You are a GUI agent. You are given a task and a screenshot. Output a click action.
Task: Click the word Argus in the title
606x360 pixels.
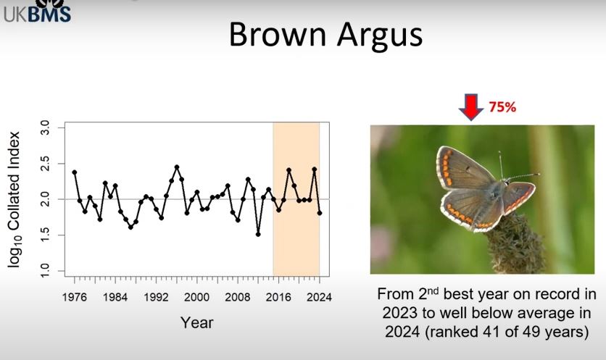(x=377, y=34)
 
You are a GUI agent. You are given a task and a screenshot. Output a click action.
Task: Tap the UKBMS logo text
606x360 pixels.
(x=37, y=12)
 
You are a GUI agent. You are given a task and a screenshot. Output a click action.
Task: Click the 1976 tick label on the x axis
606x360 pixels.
(x=74, y=296)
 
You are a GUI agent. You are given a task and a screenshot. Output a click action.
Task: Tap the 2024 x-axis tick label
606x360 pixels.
(x=319, y=296)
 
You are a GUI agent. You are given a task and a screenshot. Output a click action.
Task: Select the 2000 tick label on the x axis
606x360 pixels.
(x=196, y=296)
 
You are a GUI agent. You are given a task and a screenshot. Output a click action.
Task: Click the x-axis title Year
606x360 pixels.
(x=196, y=322)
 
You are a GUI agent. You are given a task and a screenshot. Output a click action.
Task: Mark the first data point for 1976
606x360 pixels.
(x=74, y=172)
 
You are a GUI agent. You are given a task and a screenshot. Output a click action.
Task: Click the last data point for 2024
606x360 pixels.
(x=320, y=213)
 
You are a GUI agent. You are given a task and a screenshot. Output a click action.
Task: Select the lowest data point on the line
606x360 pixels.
(x=258, y=234)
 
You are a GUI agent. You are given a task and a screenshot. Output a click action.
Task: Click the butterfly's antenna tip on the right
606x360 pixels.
(x=538, y=174)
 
